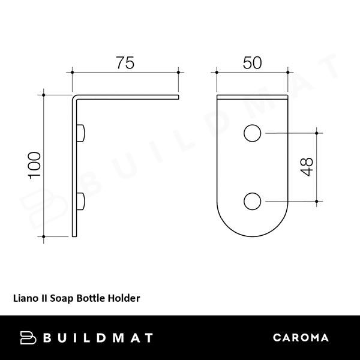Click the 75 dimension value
point(125,62)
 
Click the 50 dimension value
point(251,62)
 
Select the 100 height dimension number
point(34,165)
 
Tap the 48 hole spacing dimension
point(306,166)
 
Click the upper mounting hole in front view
point(252,133)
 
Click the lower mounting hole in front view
point(252,201)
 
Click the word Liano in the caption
point(25,296)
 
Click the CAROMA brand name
point(301,337)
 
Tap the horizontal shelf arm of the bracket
point(129,95)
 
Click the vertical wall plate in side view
point(76,168)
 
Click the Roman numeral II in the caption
point(43,296)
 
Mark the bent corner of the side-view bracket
point(76,97)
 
